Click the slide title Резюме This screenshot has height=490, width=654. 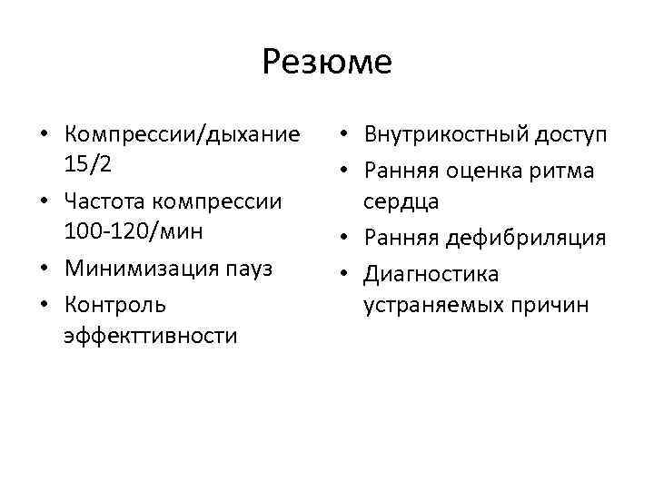pos(326,62)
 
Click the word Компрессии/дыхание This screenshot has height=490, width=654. pos(182,135)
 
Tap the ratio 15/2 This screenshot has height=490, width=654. pos(89,167)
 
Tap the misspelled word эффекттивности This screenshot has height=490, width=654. pos(150,335)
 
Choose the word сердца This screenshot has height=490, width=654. pos(401,201)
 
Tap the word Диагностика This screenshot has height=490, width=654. pos(431,272)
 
